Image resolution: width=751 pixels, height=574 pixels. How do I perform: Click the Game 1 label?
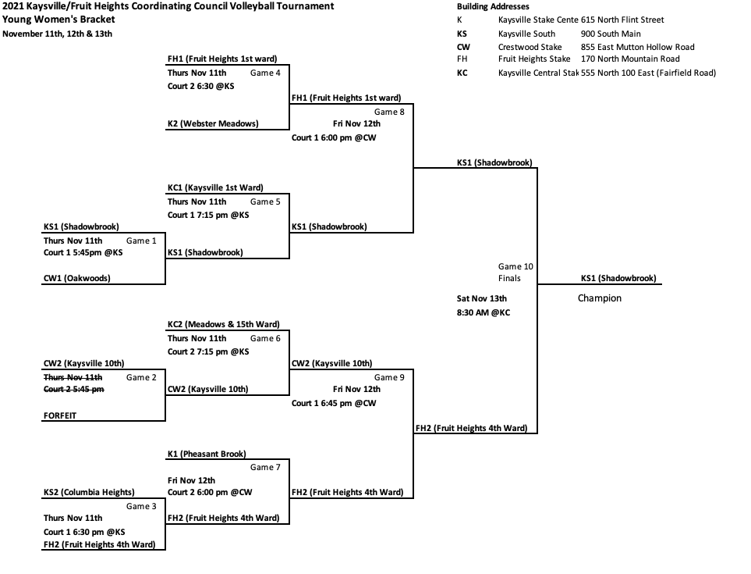(141, 241)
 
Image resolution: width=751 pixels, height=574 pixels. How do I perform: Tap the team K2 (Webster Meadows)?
(213, 123)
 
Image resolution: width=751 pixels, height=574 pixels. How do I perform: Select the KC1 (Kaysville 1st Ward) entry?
(215, 187)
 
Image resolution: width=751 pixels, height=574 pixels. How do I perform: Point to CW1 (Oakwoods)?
(76, 278)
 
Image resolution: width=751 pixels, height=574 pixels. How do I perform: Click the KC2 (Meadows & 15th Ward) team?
(223, 324)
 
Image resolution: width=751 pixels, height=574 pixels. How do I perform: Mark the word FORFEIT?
(60, 416)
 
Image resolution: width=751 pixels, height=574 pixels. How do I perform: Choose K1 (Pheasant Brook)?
(207, 454)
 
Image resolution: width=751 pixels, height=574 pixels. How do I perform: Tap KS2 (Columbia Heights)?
(89, 492)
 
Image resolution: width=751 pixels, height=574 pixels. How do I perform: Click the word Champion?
(599, 298)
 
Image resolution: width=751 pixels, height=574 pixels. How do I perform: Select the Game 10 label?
(515, 266)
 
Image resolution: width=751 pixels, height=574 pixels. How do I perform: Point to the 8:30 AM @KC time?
(483, 312)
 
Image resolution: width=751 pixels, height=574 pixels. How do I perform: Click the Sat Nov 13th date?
(481, 298)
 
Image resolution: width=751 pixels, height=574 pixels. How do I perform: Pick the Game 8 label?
(389, 112)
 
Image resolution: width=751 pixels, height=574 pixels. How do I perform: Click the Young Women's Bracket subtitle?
(58, 19)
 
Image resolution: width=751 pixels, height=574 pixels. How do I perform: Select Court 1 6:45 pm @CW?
(334, 403)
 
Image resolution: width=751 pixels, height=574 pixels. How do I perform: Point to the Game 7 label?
(265, 467)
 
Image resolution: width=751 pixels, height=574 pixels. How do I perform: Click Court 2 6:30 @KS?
(200, 86)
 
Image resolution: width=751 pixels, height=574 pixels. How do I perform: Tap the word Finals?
(509, 278)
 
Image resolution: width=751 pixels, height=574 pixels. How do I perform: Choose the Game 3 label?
(141, 506)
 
